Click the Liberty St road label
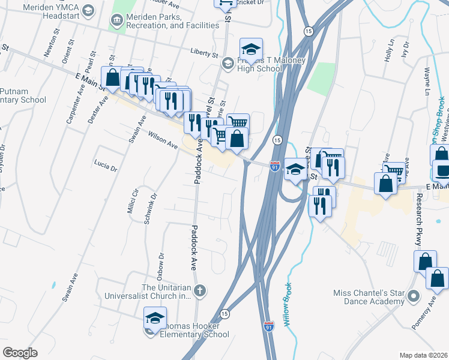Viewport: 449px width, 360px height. [x=203, y=53]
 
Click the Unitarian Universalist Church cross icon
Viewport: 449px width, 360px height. [x=200, y=291]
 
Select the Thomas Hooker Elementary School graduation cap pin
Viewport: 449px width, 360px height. [x=155, y=317]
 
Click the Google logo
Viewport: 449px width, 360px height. [x=20, y=353]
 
